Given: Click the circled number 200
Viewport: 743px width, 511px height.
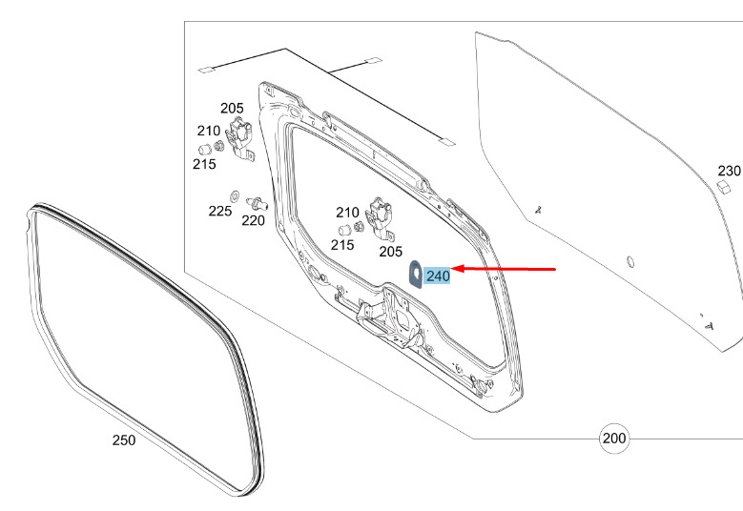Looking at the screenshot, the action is point(613,438).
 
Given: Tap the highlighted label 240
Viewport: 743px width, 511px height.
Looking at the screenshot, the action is point(438,276).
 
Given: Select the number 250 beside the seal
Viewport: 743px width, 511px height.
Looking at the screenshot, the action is point(124,439).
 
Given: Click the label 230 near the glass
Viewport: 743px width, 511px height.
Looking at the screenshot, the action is point(729,171).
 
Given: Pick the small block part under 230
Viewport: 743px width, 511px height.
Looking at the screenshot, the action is point(723,187).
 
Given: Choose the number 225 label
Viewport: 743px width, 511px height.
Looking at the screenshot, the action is point(220,211).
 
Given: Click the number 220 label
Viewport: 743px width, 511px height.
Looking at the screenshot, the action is point(253,220).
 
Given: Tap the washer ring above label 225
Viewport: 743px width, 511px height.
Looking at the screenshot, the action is point(234,195).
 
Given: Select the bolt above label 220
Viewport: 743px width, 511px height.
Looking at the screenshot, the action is point(257,204).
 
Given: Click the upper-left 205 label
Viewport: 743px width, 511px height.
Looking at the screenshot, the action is point(232,108).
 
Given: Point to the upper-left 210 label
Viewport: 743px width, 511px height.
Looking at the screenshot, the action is point(209,131).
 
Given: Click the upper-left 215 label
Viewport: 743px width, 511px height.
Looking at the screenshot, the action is point(204,164).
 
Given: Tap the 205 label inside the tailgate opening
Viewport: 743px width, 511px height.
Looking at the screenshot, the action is point(390,252).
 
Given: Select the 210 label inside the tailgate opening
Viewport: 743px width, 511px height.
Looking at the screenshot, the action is point(347,213).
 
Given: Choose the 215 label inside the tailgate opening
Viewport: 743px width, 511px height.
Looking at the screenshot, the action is point(342,245).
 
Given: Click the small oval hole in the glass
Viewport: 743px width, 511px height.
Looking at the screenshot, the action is point(629,261).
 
